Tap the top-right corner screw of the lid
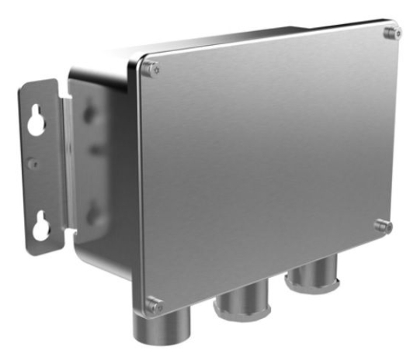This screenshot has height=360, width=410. [x=388, y=33]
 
